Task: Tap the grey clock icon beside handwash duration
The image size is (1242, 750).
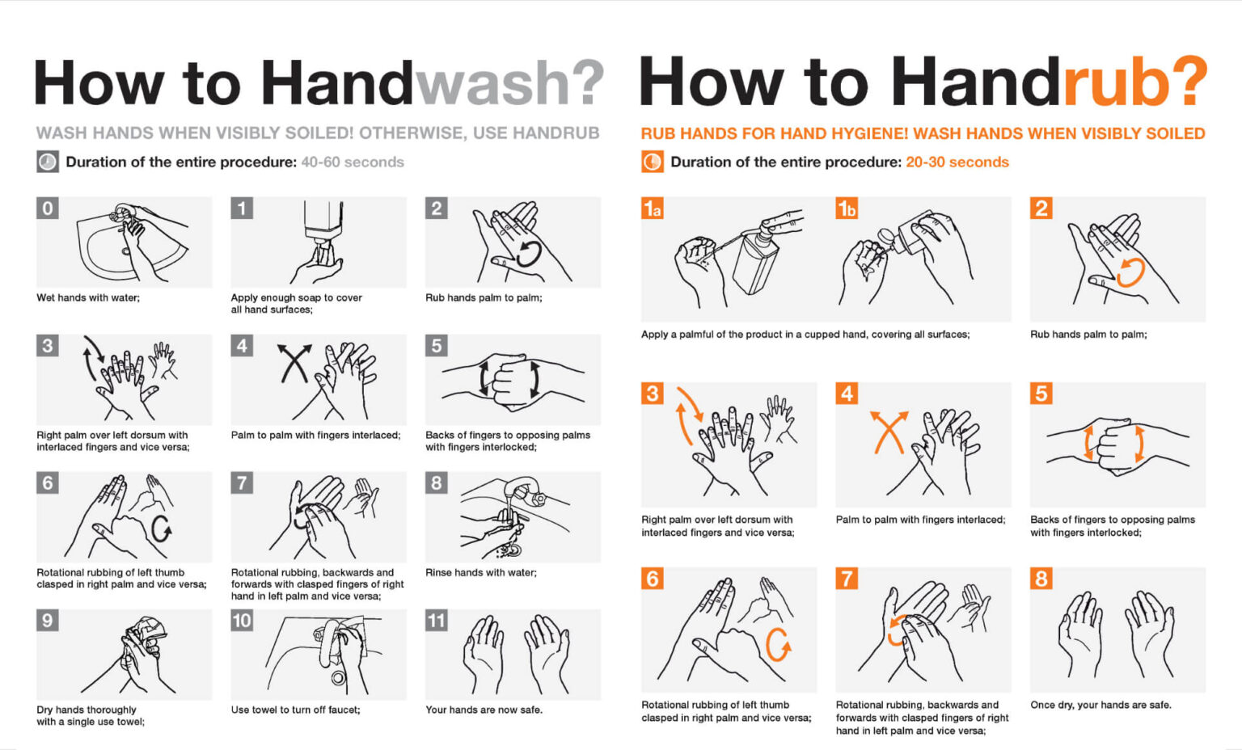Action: point(48,162)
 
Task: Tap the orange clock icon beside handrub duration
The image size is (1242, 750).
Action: point(652,162)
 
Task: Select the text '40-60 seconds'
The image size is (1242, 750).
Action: point(353,162)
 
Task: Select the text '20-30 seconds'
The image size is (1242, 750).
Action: point(957,162)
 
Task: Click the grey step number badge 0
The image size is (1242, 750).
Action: point(48,209)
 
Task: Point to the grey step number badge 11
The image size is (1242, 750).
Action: point(437,621)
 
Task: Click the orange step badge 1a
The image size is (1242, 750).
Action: point(653,209)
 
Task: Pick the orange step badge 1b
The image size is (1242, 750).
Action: point(847,209)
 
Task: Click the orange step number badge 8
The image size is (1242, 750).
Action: point(1041,579)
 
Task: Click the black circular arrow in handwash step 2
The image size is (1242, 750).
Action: point(529,253)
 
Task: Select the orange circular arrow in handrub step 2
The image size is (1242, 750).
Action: point(1130,272)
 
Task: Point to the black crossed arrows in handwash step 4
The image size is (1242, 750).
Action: point(294,363)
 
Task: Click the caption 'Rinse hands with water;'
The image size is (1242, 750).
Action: point(481,572)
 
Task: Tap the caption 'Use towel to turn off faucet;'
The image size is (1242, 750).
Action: point(296,710)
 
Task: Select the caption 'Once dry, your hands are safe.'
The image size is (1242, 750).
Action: point(1100,705)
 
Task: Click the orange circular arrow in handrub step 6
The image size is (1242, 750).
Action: point(778,644)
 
